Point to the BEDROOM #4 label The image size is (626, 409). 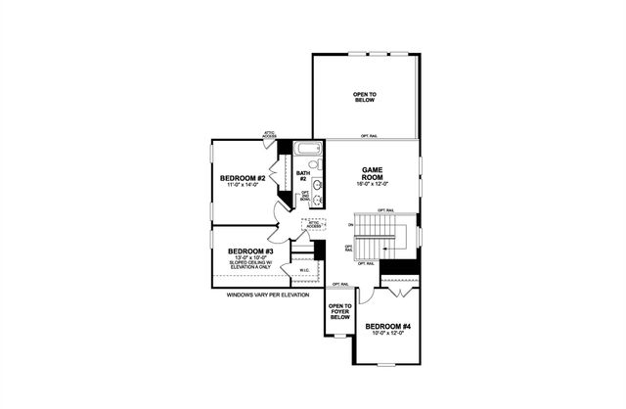pyautogui.click(x=388, y=326)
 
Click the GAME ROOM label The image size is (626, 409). pyautogui.click(x=371, y=172)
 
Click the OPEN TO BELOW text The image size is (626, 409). pyautogui.click(x=365, y=96)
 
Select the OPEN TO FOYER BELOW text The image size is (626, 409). pyautogui.click(x=339, y=311)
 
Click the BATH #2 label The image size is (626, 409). pyautogui.click(x=303, y=176)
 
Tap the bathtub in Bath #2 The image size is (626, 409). pyautogui.click(x=308, y=151)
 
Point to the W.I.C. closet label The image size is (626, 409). pyautogui.click(x=304, y=270)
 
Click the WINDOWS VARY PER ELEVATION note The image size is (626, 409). pyautogui.click(x=267, y=295)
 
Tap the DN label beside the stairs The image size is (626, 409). pyautogui.click(x=349, y=228)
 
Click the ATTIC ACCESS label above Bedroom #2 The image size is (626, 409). pyautogui.click(x=270, y=134)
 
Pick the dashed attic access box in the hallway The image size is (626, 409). pyautogui.click(x=313, y=226)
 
